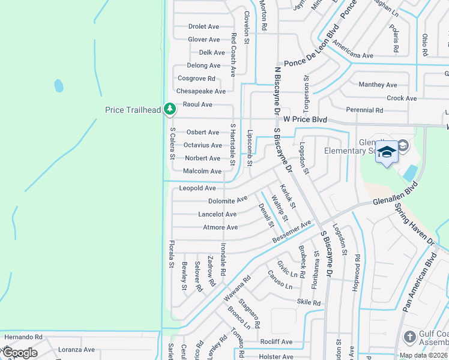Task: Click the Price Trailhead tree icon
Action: pos(170,109)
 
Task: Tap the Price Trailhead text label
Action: pos(133,110)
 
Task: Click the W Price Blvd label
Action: pos(305,119)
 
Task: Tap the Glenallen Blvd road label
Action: pos(394,196)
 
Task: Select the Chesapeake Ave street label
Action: pos(200,91)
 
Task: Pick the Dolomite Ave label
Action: pos(228,200)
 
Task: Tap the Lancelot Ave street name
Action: pos(217,214)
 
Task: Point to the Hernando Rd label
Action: pos(23,337)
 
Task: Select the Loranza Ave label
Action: pos(76,349)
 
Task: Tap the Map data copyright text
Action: pos(423,355)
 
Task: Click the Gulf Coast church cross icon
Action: pos(411,337)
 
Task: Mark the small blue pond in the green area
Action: pos(59,85)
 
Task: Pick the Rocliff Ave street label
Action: pos(276,342)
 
